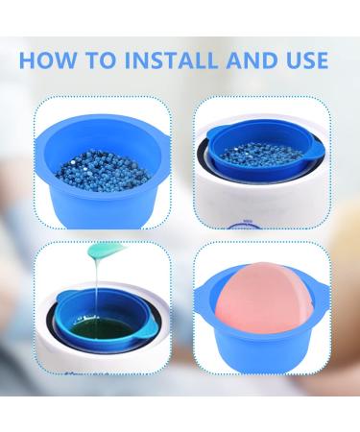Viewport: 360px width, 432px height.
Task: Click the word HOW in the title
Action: (48, 60)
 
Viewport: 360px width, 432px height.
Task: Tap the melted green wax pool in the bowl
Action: (96, 330)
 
